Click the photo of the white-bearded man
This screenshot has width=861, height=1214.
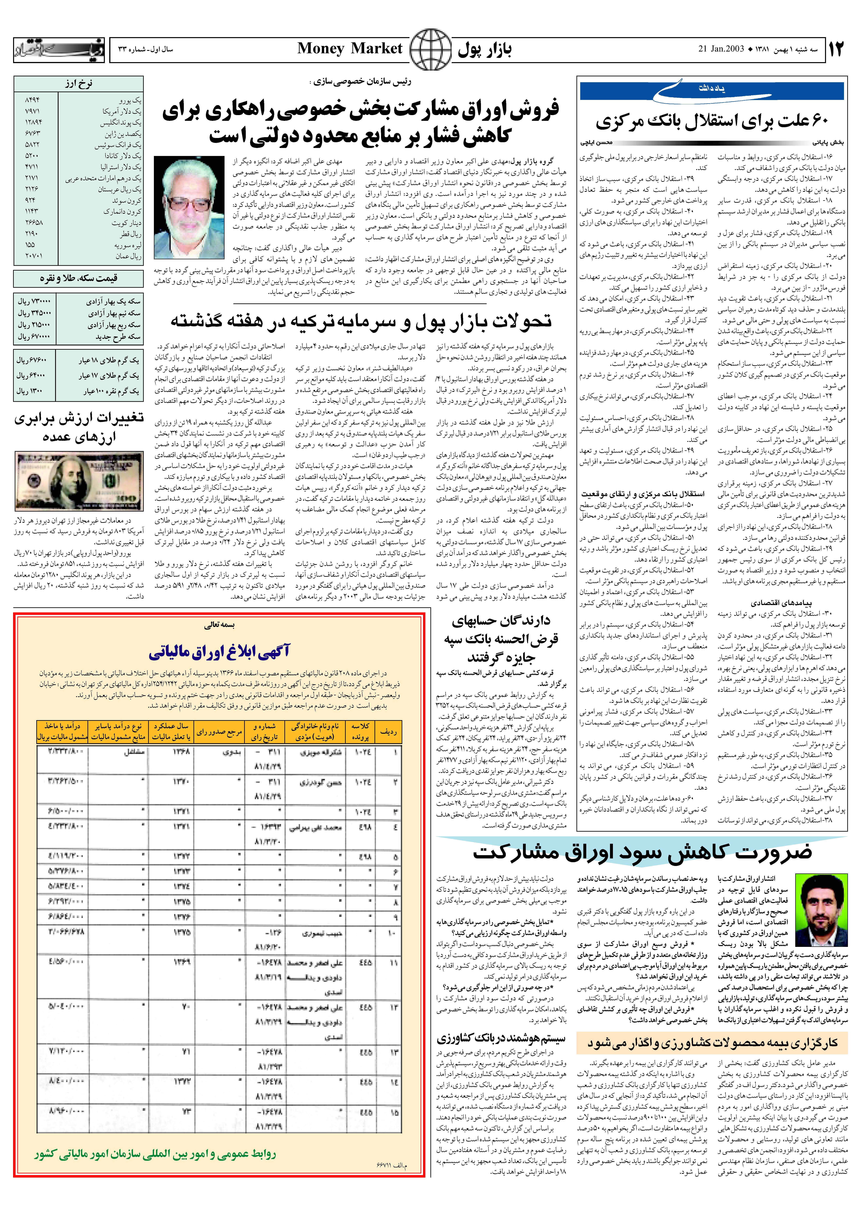click(189, 208)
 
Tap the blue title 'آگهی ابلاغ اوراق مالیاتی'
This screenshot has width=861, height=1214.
click(219, 652)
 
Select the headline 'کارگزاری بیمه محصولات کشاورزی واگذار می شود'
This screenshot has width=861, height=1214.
click(712, 1043)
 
